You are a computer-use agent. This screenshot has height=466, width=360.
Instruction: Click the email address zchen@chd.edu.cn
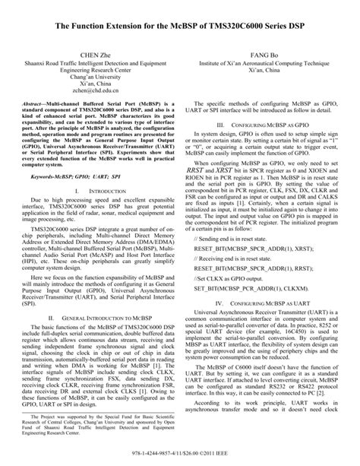pos(95,90)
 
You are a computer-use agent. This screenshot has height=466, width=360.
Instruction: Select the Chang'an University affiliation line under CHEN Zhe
pos(95,72)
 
